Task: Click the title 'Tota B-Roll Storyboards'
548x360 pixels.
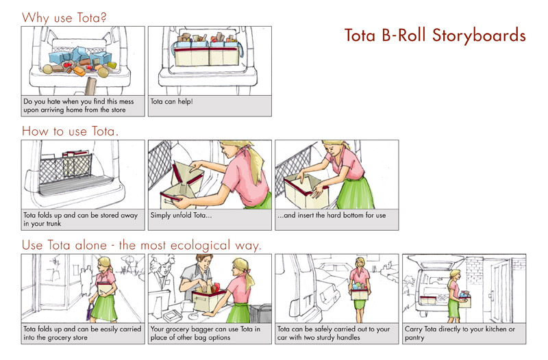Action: click(435, 36)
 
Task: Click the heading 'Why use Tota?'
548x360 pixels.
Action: click(64, 18)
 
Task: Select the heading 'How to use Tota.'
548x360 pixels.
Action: click(70, 131)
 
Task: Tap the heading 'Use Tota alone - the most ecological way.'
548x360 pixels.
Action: click(142, 245)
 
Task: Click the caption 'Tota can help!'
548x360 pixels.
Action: click(172, 101)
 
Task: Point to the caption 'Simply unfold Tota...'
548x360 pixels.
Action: click(181, 215)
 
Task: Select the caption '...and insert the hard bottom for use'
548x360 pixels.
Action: click(332, 215)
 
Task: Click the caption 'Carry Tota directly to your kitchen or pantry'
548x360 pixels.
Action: click(460, 333)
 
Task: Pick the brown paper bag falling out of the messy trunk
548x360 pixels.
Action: click(90, 86)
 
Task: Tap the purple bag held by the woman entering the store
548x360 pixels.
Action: click(90, 311)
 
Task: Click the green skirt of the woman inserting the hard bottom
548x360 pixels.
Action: click(356, 193)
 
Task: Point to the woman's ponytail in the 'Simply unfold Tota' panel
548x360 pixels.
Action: click(256, 162)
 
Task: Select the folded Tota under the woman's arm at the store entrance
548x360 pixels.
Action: click(105, 289)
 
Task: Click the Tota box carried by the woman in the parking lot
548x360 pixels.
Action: click(360, 294)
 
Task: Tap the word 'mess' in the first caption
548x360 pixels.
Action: click(127, 101)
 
